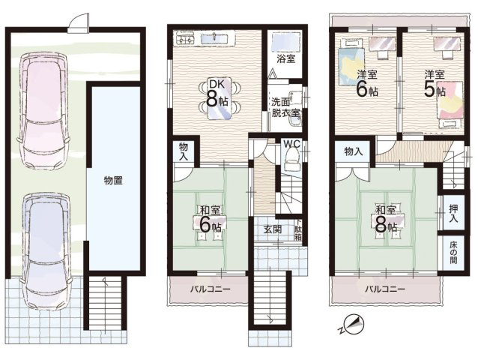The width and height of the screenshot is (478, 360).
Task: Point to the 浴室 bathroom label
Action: [x=285, y=58]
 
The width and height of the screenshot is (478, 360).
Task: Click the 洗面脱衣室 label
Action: [x=285, y=107]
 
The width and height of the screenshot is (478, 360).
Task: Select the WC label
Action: [x=292, y=142]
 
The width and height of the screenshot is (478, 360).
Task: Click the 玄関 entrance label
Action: [x=273, y=229]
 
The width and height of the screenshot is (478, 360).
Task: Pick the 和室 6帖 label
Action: [x=209, y=218]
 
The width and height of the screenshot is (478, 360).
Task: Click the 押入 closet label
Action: [x=454, y=214]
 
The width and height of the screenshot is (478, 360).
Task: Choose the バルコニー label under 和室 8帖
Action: [x=385, y=289]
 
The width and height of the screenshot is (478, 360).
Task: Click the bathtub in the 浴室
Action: [x=285, y=41]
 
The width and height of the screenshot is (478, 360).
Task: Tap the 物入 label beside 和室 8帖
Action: [x=353, y=151]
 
